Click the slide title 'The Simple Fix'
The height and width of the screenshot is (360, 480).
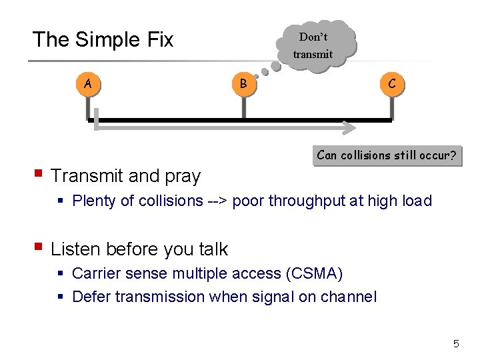pos(103,40)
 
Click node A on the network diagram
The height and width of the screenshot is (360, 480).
pos(88,84)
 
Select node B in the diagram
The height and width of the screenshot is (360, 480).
pos(243,84)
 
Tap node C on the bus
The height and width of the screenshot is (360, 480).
pos(391,84)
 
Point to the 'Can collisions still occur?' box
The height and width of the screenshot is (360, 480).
pos(387,156)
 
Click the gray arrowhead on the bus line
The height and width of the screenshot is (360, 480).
pos(349,126)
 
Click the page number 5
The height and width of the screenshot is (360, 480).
pos(456,344)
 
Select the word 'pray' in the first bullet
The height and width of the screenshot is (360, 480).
pos(183,177)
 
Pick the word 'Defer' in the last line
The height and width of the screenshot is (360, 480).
pos(91,297)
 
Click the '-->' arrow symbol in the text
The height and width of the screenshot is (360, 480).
pos(217,201)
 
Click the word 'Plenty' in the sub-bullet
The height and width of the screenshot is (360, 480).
pos(94,201)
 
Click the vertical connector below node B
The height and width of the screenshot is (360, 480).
pos(243,109)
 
